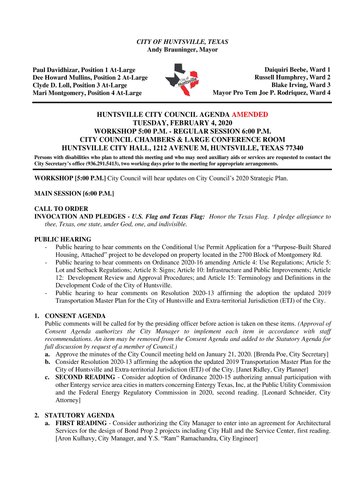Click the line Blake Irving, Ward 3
[301, 85]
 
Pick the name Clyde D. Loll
[53, 85]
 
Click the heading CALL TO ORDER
[61, 209]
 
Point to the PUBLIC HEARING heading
[63, 239]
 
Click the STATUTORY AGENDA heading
[79, 415]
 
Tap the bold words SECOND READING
[85, 377]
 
